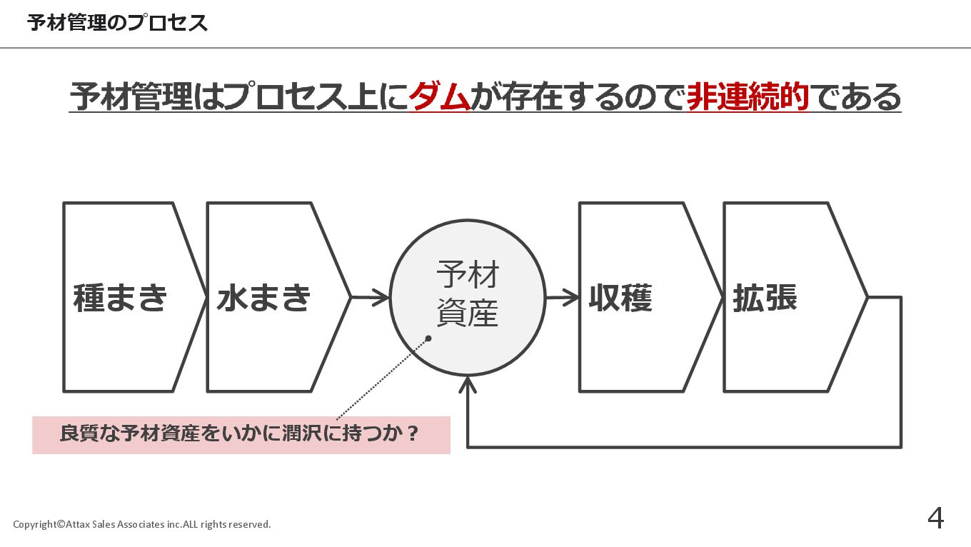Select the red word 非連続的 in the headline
click(748, 97)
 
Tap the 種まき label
click(120, 298)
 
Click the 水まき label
click(263, 298)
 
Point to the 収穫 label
click(620, 298)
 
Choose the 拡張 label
click(765, 298)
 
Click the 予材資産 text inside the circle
click(468, 293)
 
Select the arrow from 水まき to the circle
click(371, 297)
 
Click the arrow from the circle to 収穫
click(563, 297)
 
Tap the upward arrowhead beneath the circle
click(468, 386)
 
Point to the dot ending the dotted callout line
click(428, 338)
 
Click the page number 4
click(935, 518)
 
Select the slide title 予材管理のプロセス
click(118, 23)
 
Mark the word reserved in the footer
click(251, 525)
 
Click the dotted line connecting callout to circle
click(382, 378)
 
